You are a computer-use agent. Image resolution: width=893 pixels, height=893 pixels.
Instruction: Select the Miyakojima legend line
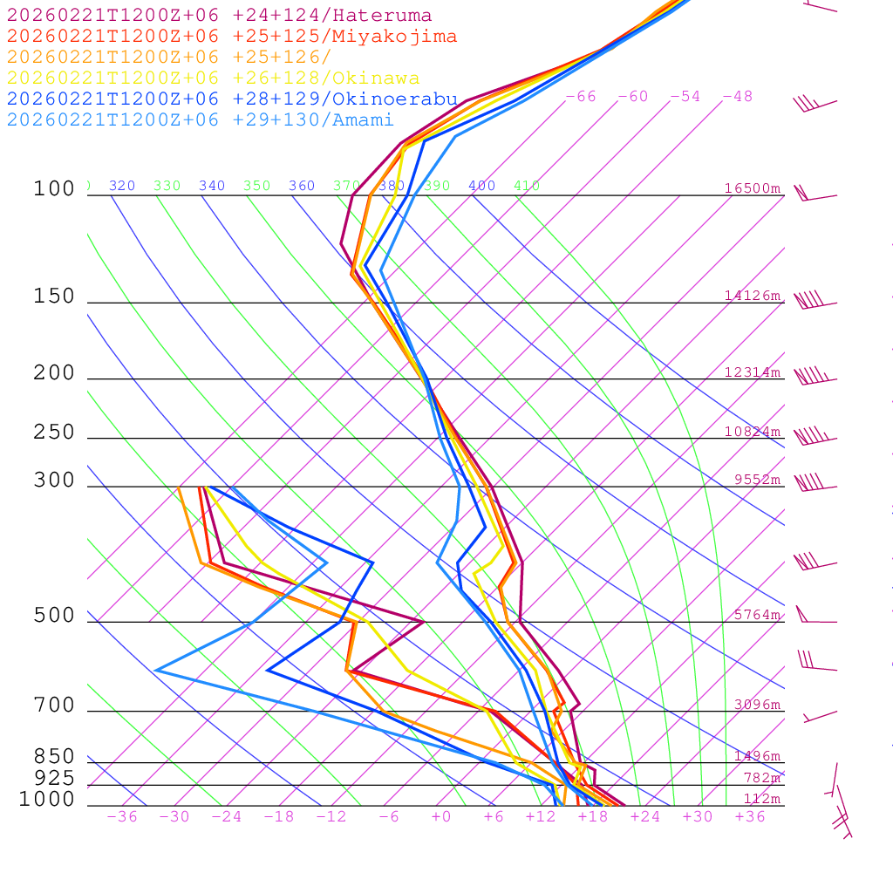(232, 37)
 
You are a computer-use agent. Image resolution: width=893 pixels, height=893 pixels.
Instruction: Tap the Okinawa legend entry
(213, 78)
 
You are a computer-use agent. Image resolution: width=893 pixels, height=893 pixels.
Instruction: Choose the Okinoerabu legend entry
(232, 99)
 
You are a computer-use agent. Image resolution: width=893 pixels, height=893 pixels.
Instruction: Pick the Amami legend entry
(201, 120)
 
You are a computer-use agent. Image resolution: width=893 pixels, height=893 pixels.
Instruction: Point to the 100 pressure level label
(54, 188)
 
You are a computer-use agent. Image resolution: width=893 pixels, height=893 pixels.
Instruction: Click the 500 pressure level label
(54, 616)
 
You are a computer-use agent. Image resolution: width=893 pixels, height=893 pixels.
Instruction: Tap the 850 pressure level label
(54, 757)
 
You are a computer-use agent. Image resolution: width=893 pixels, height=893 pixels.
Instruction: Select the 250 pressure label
(54, 433)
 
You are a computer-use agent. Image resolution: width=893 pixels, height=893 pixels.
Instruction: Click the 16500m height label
(753, 188)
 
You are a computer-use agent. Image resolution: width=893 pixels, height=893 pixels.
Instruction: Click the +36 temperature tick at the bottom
(749, 816)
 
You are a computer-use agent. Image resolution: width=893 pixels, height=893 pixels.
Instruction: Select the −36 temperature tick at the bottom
(122, 816)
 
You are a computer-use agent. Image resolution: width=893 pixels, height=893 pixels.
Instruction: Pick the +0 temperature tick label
(440, 816)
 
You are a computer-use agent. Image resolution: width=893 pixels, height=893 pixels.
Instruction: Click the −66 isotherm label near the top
(581, 96)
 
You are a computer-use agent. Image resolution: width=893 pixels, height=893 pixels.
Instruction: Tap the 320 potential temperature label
(122, 186)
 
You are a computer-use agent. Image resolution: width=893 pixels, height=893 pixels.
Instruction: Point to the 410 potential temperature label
(527, 186)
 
